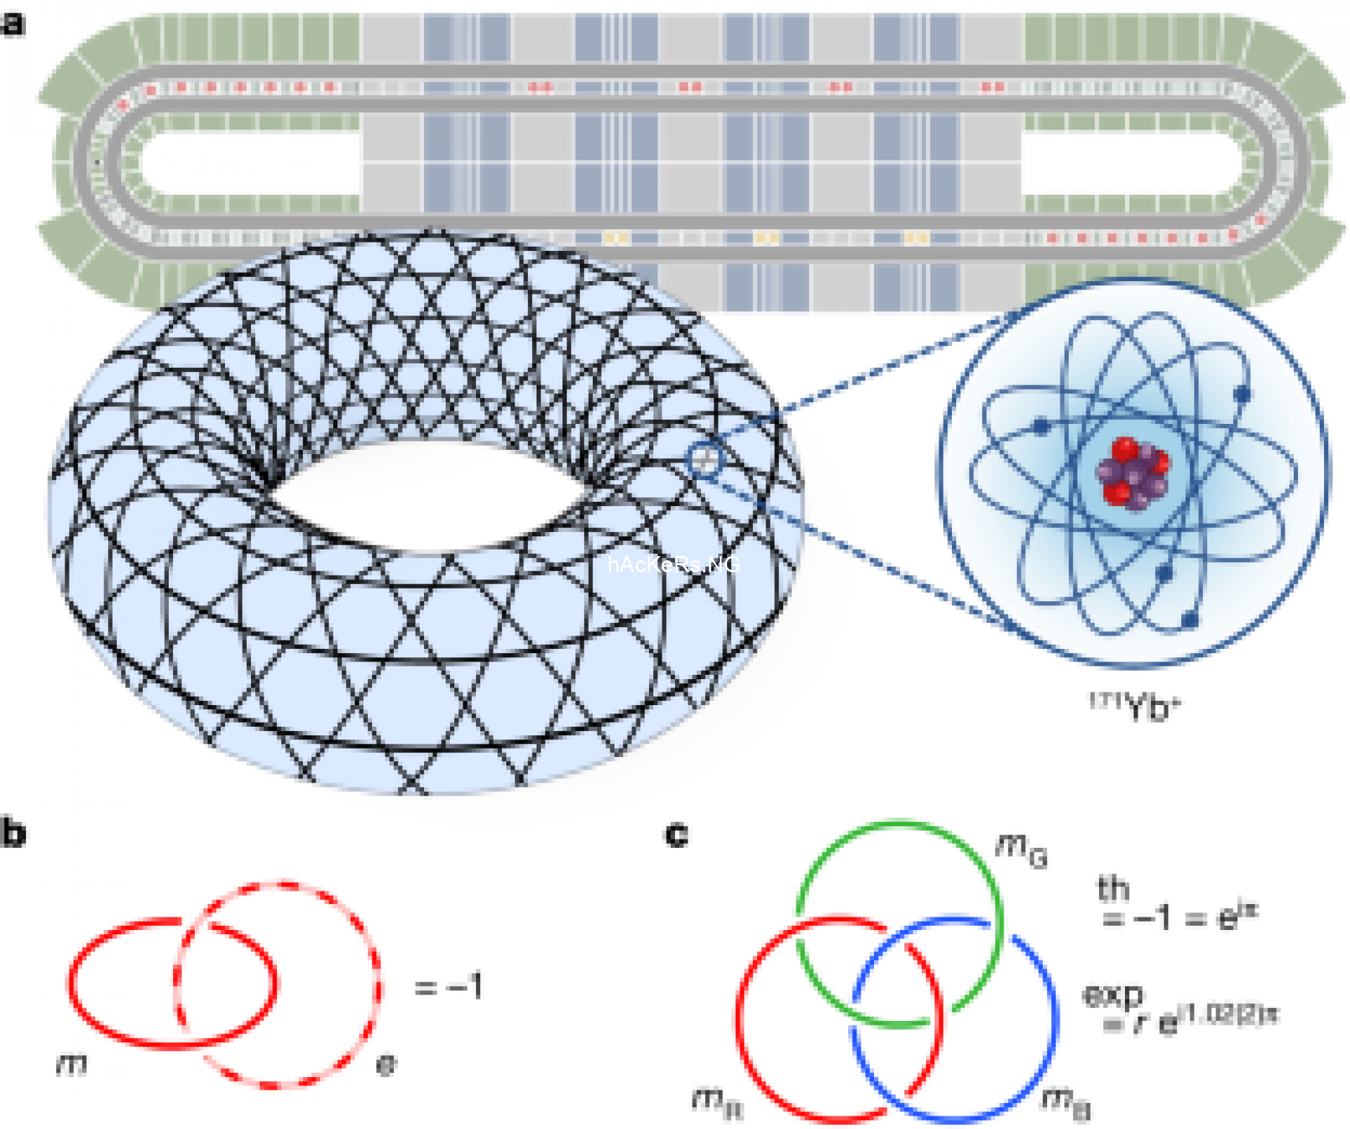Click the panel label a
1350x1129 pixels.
click(x=13, y=24)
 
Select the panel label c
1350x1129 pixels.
click(x=676, y=834)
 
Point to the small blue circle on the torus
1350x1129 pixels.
click(x=705, y=460)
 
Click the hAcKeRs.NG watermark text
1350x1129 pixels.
click(x=673, y=564)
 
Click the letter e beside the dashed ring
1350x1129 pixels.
click(x=386, y=1066)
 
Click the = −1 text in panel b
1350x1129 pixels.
click(x=449, y=986)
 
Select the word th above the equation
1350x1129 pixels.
click(x=1113, y=889)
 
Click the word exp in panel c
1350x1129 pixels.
click(x=1113, y=994)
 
